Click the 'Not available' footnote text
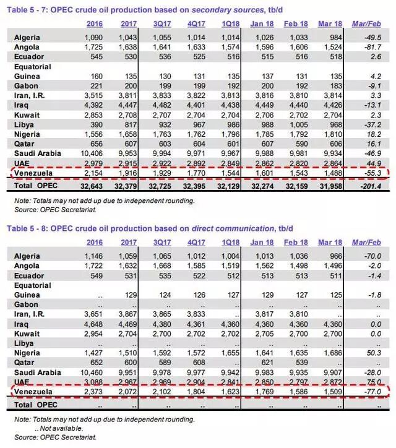tap(62, 428)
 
